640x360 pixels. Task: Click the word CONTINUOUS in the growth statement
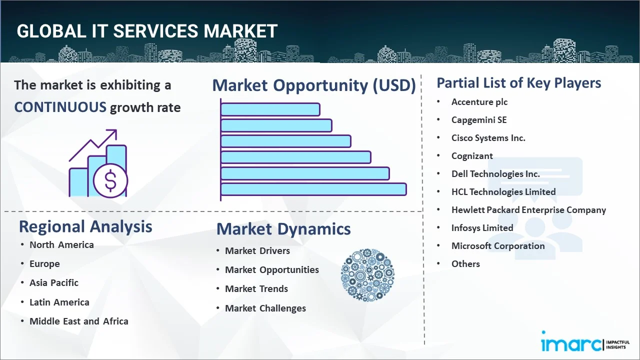[x=60, y=107]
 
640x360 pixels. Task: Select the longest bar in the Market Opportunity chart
[x=313, y=189]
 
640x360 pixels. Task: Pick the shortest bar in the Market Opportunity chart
[x=270, y=109]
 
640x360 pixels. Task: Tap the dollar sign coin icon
[x=110, y=180]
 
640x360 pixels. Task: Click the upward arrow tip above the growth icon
[x=116, y=130]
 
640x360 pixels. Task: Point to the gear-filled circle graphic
[x=367, y=275]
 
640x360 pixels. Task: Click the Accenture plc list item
[x=479, y=102]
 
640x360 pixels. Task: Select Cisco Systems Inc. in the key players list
[x=488, y=138]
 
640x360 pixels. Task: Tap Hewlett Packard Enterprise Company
[x=528, y=210]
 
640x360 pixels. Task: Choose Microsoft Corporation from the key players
[x=498, y=246]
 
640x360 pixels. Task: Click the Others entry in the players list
[x=465, y=263]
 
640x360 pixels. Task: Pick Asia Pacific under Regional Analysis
[x=54, y=283]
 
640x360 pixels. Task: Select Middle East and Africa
[x=79, y=321]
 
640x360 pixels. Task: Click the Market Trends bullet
[x=256, y=289]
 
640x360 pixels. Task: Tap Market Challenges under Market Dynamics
[x=265, y=308]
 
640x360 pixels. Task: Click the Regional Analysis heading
[x=85, y=227]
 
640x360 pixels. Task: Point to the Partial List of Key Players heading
[x=519, y=83]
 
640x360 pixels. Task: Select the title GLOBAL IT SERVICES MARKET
[x=147, y=31]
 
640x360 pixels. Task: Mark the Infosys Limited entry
[x=482, y=228]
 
